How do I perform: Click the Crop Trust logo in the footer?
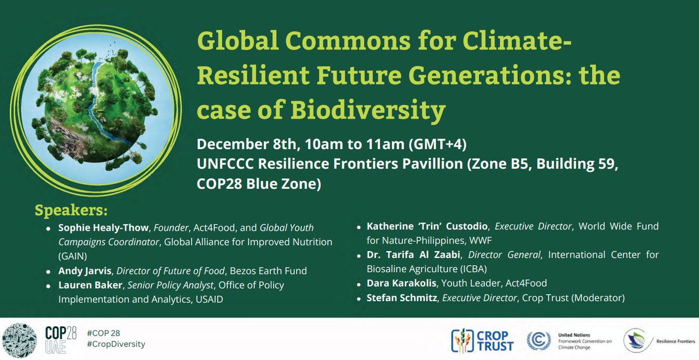[483, 340]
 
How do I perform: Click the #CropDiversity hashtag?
[115, 344]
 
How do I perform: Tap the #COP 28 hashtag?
[101, 333]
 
